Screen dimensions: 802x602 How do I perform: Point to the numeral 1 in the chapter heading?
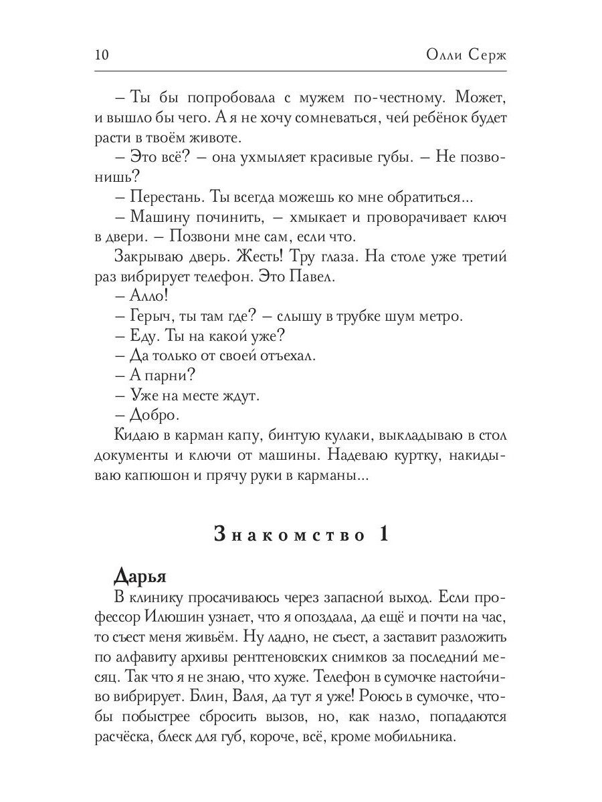(384, 535)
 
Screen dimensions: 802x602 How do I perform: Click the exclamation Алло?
(148, 295)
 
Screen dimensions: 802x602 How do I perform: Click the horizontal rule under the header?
(301, 70)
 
